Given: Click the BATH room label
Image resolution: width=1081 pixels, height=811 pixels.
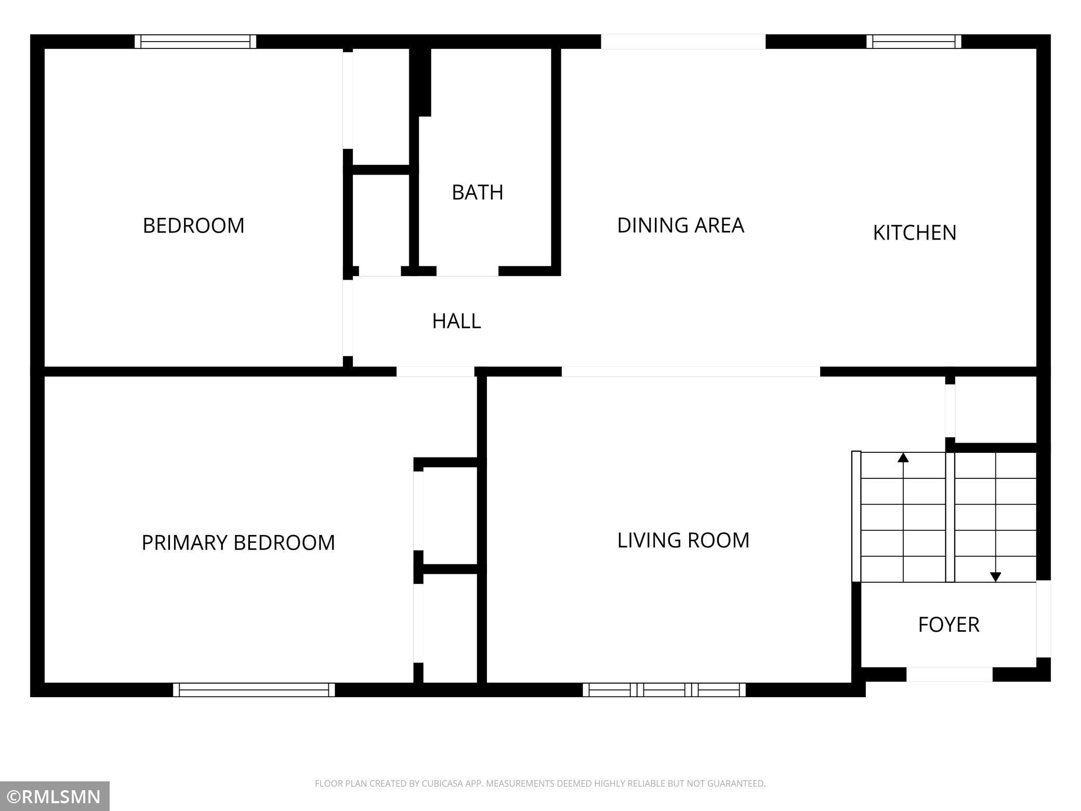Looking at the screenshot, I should pyautogui.click(x=477, y=192).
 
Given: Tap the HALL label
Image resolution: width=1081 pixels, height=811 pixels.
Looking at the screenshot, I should pyautogui.click(x=456, y=321).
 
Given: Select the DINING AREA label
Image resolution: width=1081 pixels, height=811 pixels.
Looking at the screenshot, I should pyautogui.click(x=680, y=225).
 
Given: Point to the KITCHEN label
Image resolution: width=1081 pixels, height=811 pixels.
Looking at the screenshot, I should pyautogui.click(x=914, y=232).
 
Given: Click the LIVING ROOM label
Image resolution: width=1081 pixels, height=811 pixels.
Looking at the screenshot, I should pyautogui.click(x=683, y=540).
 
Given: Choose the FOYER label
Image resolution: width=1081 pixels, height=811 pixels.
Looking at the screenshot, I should pyautogui.click(x=948, y=624).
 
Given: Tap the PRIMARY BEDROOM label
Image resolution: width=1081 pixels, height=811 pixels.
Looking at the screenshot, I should pyautogui.click(x=238, y=542).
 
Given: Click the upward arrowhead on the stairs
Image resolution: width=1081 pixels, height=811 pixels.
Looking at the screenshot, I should pyautogui.click(x=903, y=457).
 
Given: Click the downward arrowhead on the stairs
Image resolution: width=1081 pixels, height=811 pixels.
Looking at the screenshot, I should pyautogui.click(x=995, y=577).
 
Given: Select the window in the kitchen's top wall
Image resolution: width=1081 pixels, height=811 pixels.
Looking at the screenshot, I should pyautogui.click(x=914, y=42).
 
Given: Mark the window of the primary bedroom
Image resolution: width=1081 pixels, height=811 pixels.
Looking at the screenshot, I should pyautogui.click(x=254, y=690).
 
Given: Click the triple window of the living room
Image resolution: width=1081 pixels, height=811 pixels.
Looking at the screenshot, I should pyautogui.click(x=664, y=690).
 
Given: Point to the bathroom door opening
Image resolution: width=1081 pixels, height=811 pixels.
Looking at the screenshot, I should pyautogui.click(x=467, y=271).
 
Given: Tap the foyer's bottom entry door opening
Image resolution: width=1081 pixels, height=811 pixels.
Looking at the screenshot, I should pyautogui.click(x=949, y=674).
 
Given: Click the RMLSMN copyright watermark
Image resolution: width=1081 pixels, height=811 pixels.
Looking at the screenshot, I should pyautogui.click(x=55, y=796).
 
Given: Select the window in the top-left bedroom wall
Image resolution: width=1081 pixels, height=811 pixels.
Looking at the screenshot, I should pyautogui.click(x=195, y=42).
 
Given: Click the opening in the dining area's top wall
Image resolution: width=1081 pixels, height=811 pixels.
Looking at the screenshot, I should pyautogui.click(x=683, y=42).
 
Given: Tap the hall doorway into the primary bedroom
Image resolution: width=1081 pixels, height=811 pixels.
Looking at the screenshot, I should pyautogui.click(x=436, y=371).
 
